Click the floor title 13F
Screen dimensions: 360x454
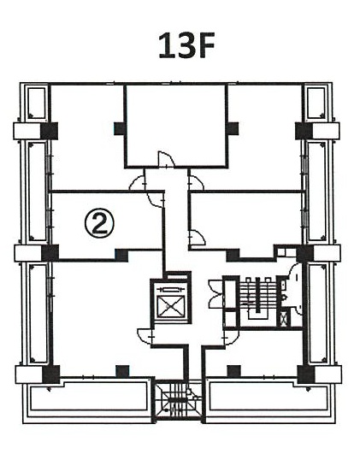(x=186, y=45)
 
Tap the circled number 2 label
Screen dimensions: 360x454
(x=99, y=223)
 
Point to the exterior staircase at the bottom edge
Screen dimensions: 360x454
(x=178, y=399)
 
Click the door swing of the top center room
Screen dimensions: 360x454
(x=166, y=159)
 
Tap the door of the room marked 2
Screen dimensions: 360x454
(x=156, y=199)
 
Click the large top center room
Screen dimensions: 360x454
(x=176, y=126)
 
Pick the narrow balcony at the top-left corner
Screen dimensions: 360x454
(x=37, y=103)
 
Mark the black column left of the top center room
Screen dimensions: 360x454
(x=120, y=128)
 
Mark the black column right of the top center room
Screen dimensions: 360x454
(x=233, y=128)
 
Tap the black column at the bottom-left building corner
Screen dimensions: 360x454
(x=51, y=374)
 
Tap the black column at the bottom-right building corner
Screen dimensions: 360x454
(x=306, y=374)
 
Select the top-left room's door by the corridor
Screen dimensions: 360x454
(x=138, y=183)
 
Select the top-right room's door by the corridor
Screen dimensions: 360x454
(x=196, y=183)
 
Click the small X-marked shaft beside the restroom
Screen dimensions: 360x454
(x=284, y=319)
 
